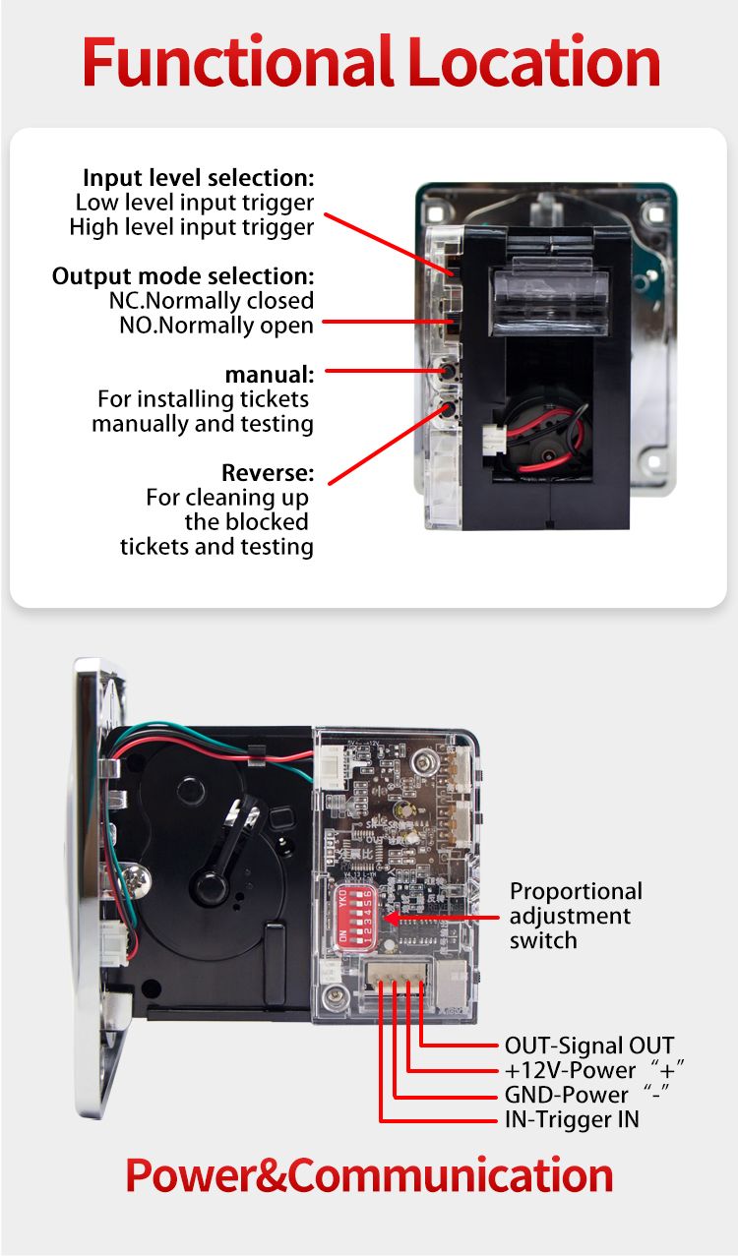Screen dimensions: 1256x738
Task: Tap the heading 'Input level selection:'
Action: [x=198, y=178]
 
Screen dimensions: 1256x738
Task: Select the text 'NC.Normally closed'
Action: [x=211, y=300]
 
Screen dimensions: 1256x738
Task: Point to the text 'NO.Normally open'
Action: [x=215, y=325]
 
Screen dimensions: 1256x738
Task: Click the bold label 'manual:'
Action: [x=270, y=375]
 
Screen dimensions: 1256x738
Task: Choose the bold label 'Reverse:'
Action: [x=268, y=472]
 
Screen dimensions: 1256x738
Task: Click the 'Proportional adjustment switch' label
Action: [x=575, y=916]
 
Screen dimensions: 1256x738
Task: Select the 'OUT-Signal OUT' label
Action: [x=588, y=1046]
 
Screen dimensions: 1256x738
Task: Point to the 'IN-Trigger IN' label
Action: [x=571, y=1119]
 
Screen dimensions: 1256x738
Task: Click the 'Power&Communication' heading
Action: [x=369, y=1176]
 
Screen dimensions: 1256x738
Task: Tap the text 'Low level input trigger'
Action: [x=195, y=203]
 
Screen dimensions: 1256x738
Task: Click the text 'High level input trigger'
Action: [x=192, y=227]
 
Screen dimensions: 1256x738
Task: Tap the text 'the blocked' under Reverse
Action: [x=246, y=521]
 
